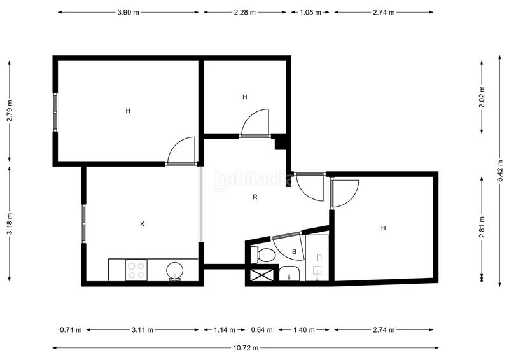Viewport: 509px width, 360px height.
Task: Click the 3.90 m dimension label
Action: [x=128, y=12]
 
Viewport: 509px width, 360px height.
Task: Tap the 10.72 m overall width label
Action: [x=246, y=348]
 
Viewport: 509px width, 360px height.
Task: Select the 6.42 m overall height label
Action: [x=500, y=170]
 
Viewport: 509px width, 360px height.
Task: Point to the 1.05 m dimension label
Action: [x=310, y=12]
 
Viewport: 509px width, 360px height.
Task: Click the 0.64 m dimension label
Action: [x=261, y=330]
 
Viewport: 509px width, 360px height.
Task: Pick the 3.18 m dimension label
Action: [x=10, y=223]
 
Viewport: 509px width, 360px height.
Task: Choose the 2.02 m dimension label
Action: [x=482, y=97]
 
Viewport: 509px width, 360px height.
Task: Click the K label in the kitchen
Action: [x=142, y=224]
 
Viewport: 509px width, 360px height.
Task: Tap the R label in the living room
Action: [x=255, y=197]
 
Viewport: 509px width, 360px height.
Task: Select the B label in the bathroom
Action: [x=295, y=252]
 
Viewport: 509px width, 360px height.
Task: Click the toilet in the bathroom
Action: [x=263, y=254]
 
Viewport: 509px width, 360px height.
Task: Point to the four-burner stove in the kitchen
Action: [x=136, y=270]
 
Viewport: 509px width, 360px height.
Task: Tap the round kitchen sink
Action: [x=174, y=270]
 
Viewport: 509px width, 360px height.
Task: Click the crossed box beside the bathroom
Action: [x=262, y=275]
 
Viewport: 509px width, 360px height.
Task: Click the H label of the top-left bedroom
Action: [x=128, y=111]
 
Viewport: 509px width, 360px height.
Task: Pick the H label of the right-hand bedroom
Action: [x=384, y=228]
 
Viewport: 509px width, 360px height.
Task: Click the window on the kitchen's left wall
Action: [x=83, y=224]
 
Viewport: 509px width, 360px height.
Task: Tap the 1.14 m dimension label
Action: [x=225, y=330]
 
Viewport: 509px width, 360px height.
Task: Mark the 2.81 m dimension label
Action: [x=482, y=227]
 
